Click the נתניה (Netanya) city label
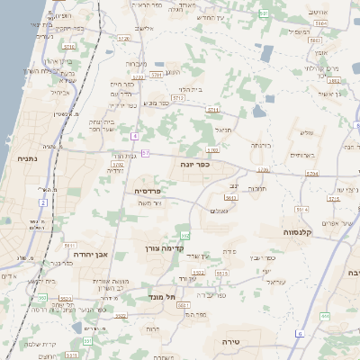23,158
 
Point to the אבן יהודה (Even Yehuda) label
89,255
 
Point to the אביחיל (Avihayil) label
55,92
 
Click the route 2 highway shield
42,202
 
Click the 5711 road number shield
213,111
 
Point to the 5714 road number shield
311,172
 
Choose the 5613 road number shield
230,197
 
